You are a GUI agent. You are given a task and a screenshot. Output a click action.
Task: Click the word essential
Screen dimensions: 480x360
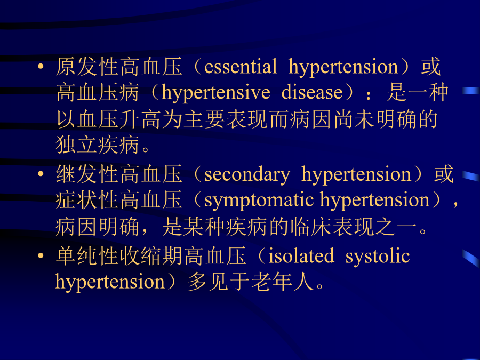[x=241, y=67]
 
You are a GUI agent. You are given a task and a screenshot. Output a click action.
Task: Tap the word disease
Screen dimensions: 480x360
[x=312, y=92]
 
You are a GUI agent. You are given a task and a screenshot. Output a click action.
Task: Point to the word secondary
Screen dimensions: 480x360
[x=247, y=175]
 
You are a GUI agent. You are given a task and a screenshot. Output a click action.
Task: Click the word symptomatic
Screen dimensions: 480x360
[x=259, y=201]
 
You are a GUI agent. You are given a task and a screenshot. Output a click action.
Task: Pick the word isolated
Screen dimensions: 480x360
[x=301, y=256]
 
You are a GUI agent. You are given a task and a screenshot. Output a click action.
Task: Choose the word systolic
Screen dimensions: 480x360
[x=378, y=257]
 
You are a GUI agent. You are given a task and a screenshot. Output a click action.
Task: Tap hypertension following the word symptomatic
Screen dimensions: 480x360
[x=375, y=201]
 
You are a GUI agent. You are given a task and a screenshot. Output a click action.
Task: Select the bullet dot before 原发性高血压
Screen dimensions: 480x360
[x=41, y=66]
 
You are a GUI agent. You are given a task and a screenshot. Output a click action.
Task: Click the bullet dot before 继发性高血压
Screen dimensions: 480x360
[x=41, y=174]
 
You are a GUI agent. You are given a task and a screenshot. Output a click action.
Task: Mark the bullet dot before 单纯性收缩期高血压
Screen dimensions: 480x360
[x=41, y=255]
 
